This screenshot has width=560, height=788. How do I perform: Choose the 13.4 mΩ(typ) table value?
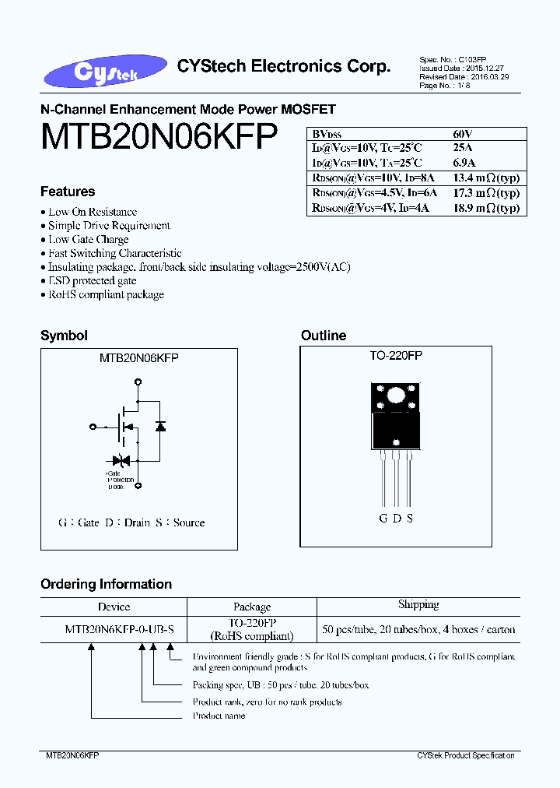click(485, 178)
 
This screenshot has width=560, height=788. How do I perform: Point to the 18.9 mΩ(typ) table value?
click(485, 208)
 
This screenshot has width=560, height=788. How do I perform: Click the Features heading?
click(68, 192)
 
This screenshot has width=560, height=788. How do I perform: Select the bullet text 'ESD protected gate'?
click(93, 281)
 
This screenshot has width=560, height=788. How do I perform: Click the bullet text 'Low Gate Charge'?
click(89, 240)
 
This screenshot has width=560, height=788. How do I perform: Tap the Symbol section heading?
click(64, 336)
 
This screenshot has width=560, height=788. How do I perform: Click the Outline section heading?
click(324, 336)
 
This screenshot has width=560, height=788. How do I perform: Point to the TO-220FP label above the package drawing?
click(396, 355)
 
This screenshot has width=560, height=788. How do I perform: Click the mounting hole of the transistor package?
click(396, 395)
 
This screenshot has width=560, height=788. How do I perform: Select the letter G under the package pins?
click(383, 519)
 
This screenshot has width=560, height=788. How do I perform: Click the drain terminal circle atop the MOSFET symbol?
click(138, 382)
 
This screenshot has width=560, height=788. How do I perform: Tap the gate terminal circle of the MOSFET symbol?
click(93, 426)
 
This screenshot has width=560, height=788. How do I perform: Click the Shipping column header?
click(418, 605)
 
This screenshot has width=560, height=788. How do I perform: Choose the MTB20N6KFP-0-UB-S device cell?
click(114, 629)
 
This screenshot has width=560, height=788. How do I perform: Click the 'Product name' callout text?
click(219, 716)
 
